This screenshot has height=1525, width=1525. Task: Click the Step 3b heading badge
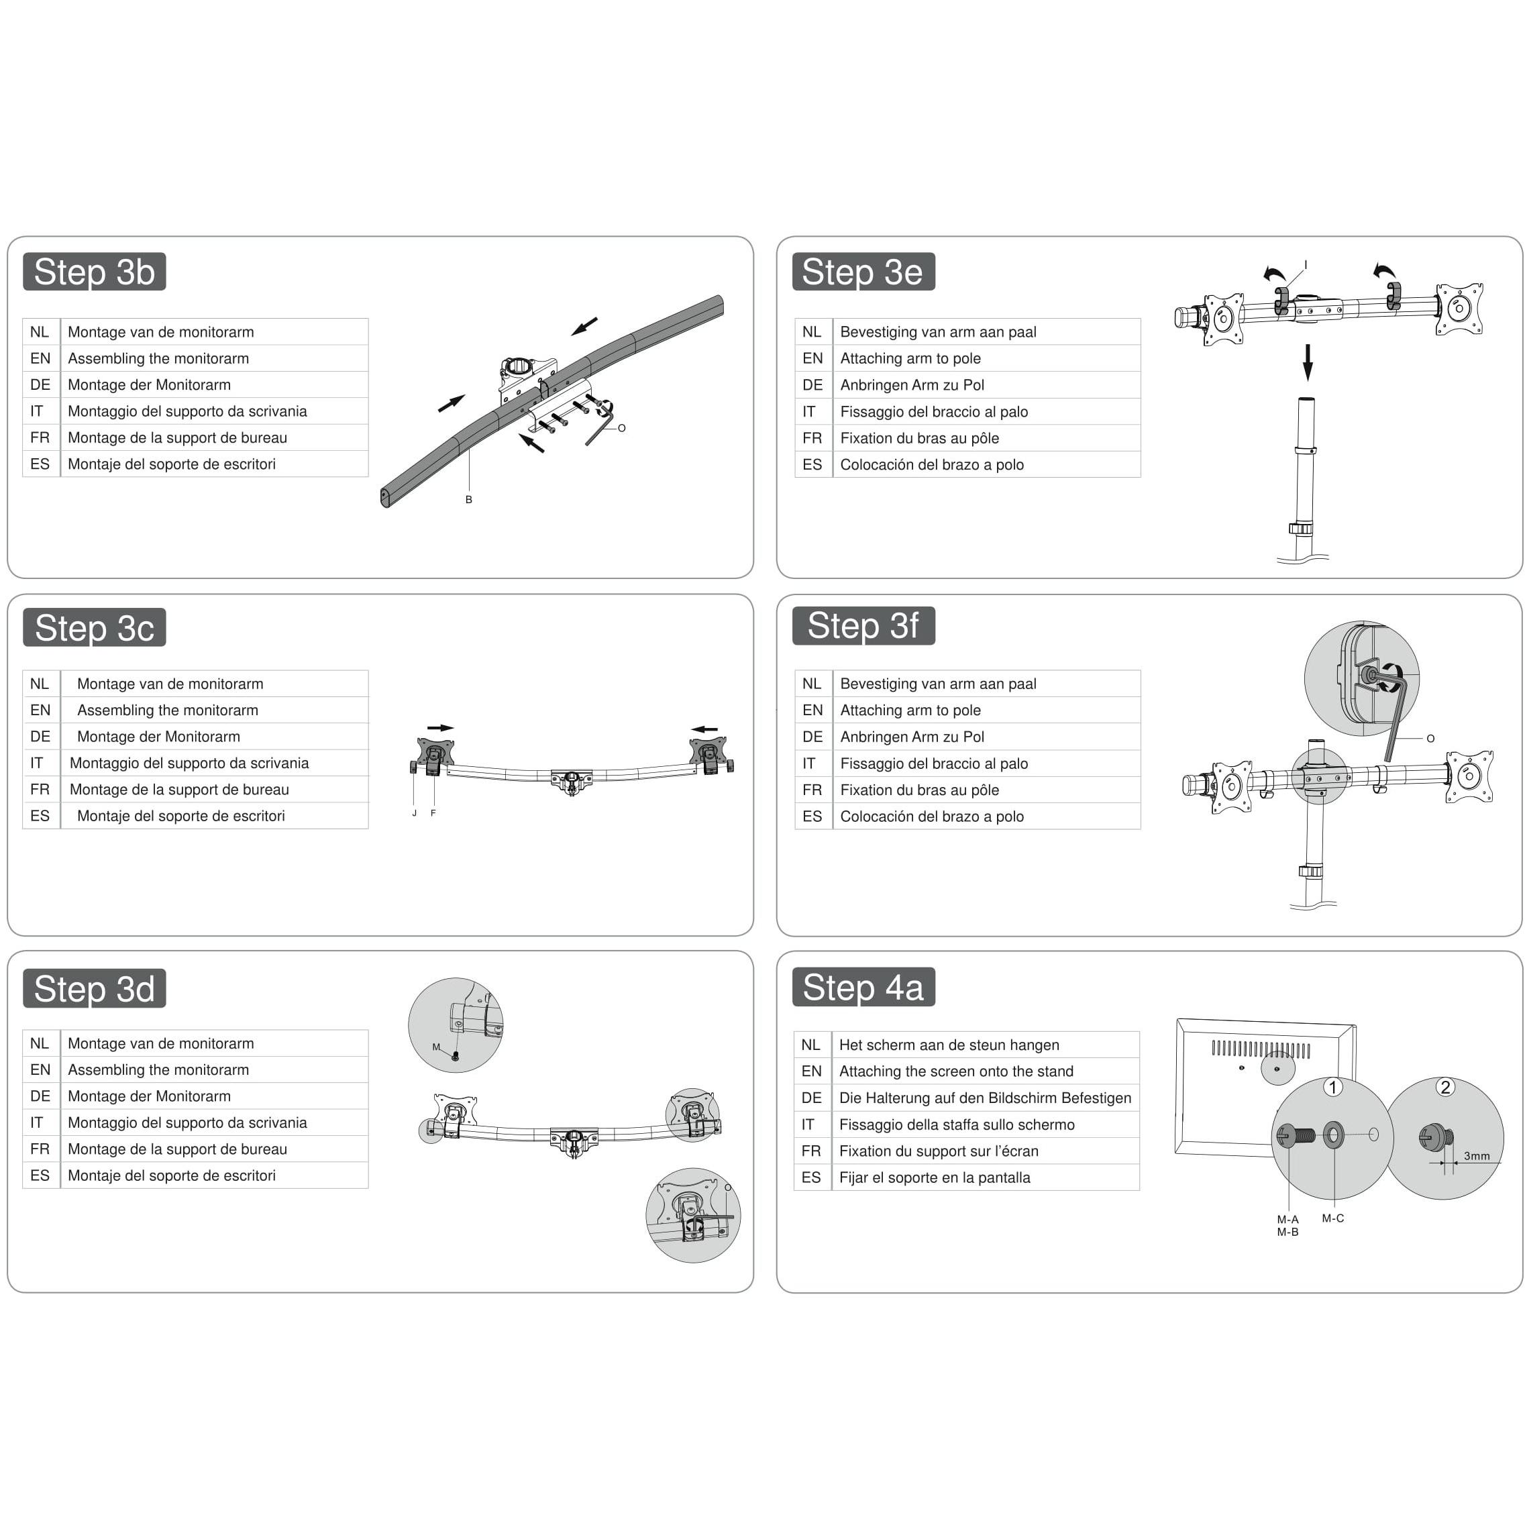point(94,272)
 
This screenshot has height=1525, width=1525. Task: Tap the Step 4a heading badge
point(863,987)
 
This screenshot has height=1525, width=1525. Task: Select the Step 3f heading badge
point(863,625)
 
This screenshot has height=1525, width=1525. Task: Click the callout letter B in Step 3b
point(469,500)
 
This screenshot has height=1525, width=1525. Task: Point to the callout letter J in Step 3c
point(413,813)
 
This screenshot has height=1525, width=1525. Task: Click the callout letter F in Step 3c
point(433,813)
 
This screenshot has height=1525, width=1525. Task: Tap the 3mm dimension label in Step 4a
point(1476,1155)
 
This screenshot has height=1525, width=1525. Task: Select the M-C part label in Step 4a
point(1332,1218)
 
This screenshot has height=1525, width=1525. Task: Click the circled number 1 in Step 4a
point(1332,1088)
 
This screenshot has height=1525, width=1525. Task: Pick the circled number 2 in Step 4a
point(1444,1087)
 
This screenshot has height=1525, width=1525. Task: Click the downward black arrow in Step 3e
point(1308,363)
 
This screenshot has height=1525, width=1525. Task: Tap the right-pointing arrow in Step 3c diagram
point(440,728)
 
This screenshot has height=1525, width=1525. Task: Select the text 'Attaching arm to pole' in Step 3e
point(910,358)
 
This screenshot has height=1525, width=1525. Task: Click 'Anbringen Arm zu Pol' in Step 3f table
point(912,737)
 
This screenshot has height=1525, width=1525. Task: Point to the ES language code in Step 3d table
point(40,1175)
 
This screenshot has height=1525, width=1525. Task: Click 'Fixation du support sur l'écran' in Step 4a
point(939,1151)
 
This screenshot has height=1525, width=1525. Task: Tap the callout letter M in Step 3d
point(435,1047)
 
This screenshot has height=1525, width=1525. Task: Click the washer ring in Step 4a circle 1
point(1333,1136)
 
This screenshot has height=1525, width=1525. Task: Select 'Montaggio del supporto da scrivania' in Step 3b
point(187,411)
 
